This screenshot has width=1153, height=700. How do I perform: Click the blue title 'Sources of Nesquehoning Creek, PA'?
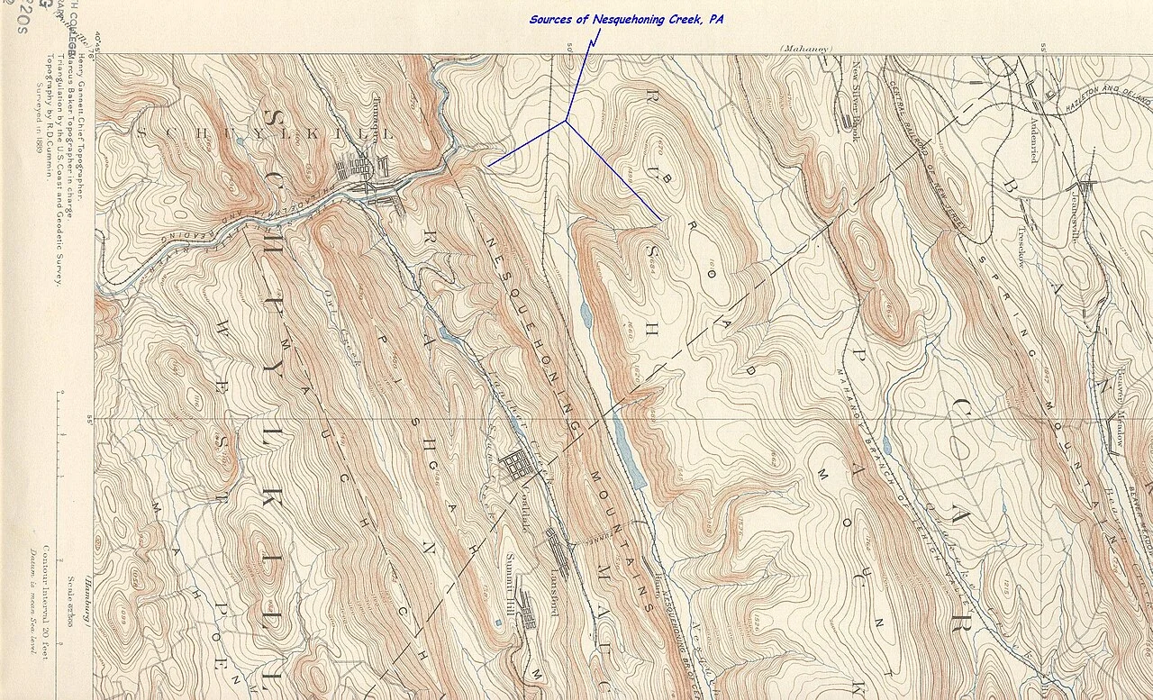click(626, 19)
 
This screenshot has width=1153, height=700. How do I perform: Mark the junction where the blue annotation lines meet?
click(567, 121)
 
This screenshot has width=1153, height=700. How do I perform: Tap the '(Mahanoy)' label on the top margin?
click(806, 48)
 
